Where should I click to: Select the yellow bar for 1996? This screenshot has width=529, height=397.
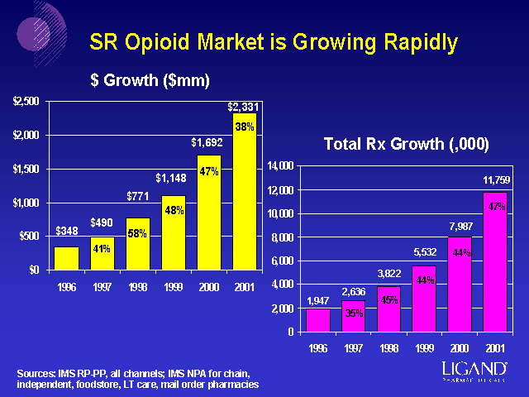(66, 258)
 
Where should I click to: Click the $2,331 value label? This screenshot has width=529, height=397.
(243, 107)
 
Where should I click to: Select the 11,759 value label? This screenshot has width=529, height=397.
(497, 179)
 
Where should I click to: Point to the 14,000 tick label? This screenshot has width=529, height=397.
(280, 166)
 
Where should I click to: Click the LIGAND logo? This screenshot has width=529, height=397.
(477, 369)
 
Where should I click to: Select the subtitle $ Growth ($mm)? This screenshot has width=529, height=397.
(150, 80)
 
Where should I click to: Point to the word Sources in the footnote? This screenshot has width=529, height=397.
(37, 374)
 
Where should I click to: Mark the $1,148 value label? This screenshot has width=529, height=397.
(172, 178)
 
